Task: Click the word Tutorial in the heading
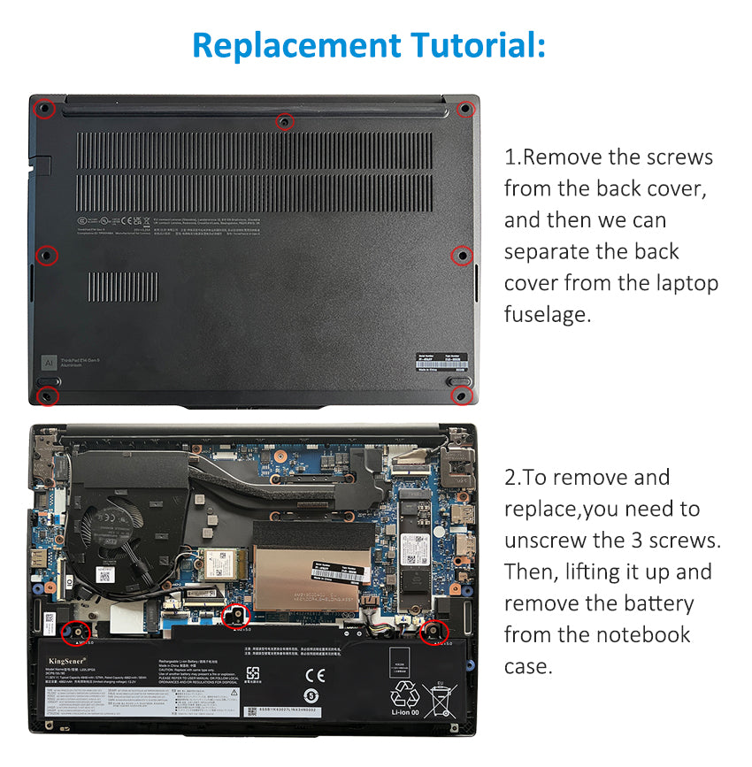pyautogui.click(x=475, y=44)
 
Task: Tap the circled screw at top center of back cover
pyautogui.click(x=285, y=121)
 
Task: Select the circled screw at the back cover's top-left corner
pyautogui.click(x=44, y=109)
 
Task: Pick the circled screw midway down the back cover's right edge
pyautogui.click(x=462, y=256)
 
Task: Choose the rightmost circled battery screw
pyautogui.click(x=435, y=631)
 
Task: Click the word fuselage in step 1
pyautogui.click(x=546, y=314)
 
